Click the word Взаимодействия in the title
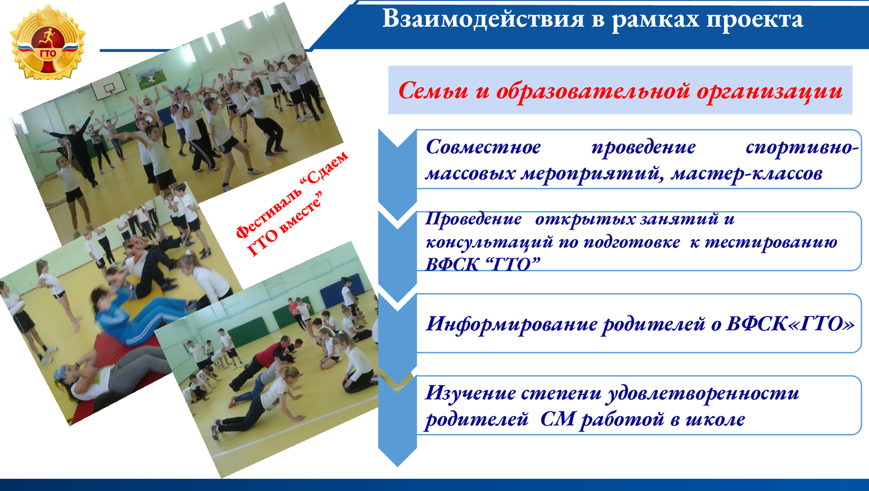point(483,19)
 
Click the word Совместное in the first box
point(483,147)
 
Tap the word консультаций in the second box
point(489,243)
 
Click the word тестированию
point(771,243)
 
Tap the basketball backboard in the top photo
point(108,85)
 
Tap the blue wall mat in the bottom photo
point(342,290)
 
